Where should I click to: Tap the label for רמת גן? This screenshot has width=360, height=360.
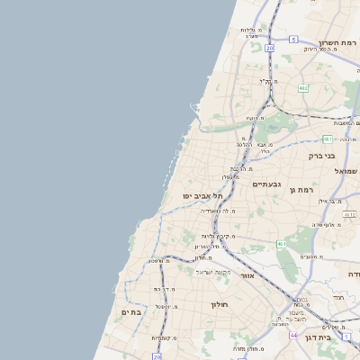pos(299,189)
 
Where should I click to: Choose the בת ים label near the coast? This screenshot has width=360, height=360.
pos(131,311)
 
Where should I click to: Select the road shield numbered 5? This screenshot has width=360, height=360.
pos(293,40)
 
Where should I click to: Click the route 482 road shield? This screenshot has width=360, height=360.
pos(303,87)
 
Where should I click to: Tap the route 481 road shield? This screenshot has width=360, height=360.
pos(328,139)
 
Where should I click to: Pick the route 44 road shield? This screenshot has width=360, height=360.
pos(293,334)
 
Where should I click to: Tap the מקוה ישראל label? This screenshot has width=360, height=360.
pos(213,272)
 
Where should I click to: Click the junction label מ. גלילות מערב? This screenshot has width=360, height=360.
pos(250,32)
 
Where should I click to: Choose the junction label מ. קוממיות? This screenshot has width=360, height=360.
pos(163,337)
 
